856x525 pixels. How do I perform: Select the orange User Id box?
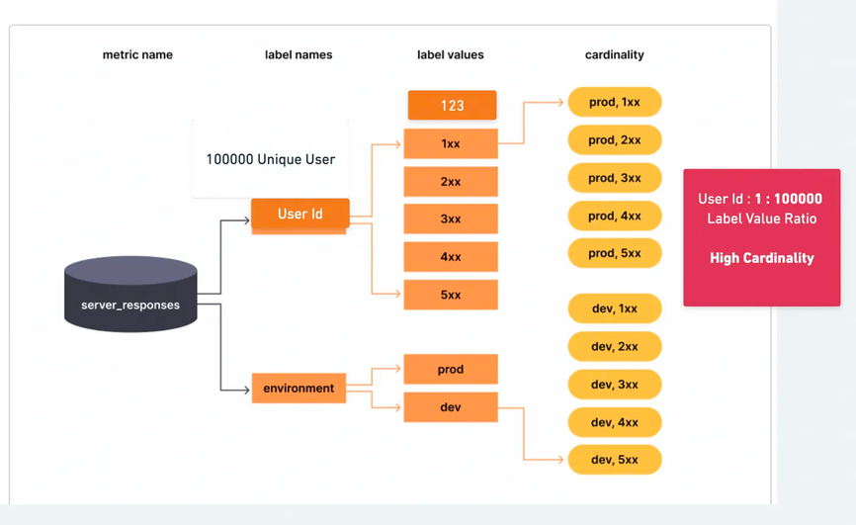[300, 214]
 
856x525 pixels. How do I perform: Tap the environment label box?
[299, 389]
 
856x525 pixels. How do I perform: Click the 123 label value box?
[451, 106]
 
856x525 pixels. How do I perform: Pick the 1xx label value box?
[451, 143]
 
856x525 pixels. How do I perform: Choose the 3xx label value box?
[451, 219]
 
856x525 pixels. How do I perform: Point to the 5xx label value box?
[451, 295]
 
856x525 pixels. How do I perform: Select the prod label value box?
[451, 370]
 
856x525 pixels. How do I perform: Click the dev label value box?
[451, 406]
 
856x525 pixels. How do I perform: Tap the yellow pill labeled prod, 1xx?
[614, 102]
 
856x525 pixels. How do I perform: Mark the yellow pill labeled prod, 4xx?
[614, 216]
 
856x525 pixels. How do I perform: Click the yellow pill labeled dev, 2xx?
[614, 347]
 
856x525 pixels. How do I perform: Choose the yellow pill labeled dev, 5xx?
[614, 460]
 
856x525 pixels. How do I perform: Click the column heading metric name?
[137, 55]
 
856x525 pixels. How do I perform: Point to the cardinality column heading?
[614, 55]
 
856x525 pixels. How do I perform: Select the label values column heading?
[451, 55]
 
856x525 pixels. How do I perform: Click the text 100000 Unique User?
[270, 159]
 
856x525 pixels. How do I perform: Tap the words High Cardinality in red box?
[761, 258]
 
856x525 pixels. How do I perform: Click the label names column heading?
[299, 55]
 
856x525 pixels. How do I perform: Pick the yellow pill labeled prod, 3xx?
[614, 178]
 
